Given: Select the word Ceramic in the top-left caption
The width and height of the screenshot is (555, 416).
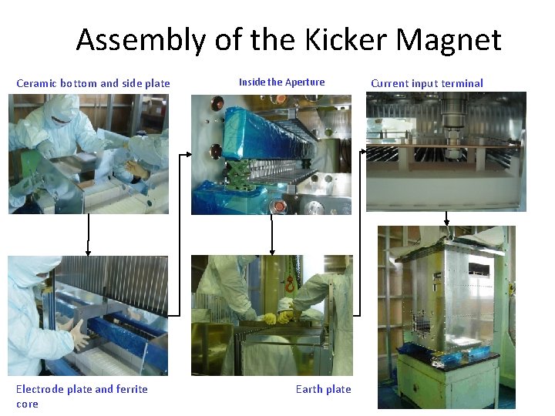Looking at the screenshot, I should (x=37, y=83).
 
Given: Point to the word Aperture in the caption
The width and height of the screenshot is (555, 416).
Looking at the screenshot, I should (x=304, y=82).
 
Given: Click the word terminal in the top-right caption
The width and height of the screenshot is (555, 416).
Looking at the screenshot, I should (x=462, y=83).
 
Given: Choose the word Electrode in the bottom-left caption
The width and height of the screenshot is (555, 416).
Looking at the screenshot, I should (x=39, y=389).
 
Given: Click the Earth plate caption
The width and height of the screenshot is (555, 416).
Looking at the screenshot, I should (x=323, y=389).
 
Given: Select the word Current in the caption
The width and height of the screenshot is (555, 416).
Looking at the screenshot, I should (x=390, y=83).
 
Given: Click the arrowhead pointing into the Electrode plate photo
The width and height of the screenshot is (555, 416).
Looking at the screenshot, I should (x=88, y=252).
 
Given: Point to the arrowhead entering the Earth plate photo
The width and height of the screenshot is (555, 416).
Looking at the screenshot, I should (x=271, y=251).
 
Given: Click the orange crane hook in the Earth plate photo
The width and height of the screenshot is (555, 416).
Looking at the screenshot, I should (x=290, y=283).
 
